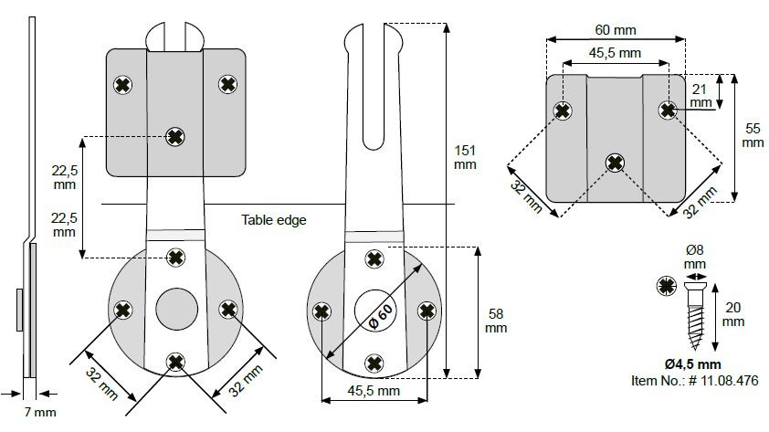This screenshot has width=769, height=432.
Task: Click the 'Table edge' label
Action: tap(274, 220)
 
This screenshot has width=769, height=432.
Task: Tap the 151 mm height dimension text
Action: tap(465, 156)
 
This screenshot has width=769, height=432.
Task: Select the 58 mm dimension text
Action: tap(496, 320)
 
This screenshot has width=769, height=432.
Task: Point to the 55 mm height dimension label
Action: tap(752, 135)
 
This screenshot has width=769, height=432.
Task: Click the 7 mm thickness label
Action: tap(39, 412)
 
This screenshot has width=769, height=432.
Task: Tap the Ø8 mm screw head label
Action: tap(696, 256)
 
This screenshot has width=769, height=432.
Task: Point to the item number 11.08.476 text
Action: tap(694, 379)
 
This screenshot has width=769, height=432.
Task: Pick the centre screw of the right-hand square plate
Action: tap(615, 163)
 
